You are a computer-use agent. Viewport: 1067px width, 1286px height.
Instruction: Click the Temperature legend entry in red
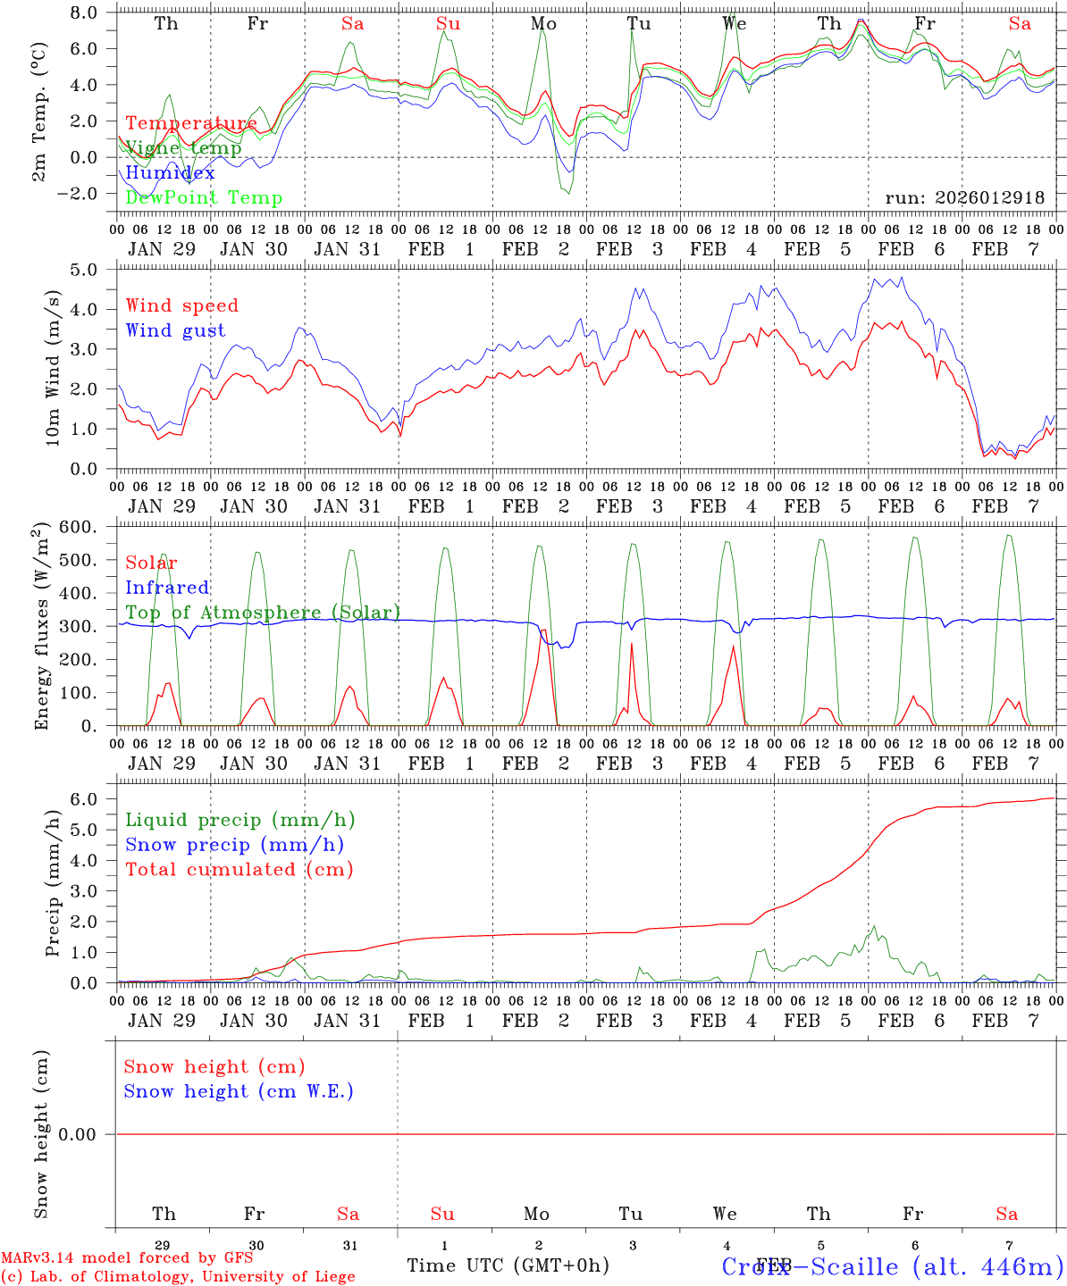click(x=190, y=123)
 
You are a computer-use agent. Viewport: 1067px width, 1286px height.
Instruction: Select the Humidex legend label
click(x=170, y=172)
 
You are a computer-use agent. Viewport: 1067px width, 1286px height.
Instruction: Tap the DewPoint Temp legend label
click(x=204, y=197)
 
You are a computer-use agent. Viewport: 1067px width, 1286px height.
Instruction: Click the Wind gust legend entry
click(x=175, y=330)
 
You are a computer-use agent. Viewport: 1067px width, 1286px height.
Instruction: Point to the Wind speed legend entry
click(x=181, y=305)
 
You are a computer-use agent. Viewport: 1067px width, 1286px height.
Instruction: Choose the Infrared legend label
click(x=167, y=588)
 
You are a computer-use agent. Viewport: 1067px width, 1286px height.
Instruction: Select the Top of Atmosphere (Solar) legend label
click(x=262, y=613)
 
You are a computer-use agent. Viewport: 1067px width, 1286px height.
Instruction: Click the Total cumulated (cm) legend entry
click(x=239, y=869)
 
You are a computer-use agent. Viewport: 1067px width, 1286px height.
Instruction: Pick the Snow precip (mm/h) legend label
click(x=234, y=845)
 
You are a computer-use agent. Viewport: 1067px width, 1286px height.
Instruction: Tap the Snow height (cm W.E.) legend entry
click(x=238, y=1091)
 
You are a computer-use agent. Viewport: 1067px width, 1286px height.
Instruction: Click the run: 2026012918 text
click(x=964, y=197)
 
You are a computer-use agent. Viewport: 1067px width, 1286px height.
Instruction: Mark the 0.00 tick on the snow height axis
click(x=84, y=1134)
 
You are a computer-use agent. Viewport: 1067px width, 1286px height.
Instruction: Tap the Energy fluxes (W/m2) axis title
click(x=41, y=627)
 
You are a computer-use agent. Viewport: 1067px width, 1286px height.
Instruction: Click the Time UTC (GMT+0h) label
click(x=508, y=1265)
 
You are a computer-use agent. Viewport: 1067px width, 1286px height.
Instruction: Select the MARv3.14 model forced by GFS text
click(x=127, y=1257)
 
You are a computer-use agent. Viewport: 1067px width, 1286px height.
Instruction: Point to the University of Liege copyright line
click(x=178, y=1276)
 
